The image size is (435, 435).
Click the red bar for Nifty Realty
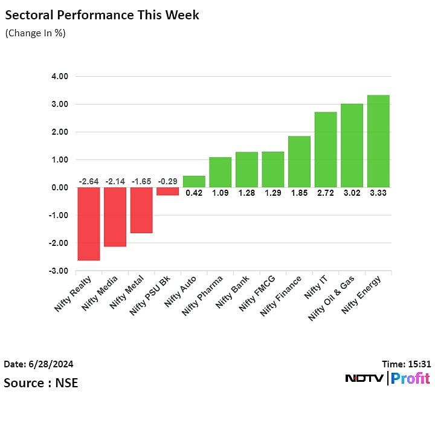(89, 224)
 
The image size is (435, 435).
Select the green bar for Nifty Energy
(378, 141)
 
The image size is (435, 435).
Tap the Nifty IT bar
(326, 150)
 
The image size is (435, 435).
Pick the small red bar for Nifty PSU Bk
(168, 192)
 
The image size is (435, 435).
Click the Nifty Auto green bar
(194, 181)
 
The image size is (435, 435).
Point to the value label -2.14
(115, 181)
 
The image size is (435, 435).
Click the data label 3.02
(352, 193)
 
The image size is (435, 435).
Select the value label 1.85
(299, 193)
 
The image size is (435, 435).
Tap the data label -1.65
(141, 181)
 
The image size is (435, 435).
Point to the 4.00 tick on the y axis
(59, 77)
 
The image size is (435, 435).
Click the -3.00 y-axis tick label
(58, 271)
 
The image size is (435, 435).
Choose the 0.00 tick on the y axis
(59, 188)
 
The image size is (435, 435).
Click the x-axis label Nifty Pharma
(203, 297)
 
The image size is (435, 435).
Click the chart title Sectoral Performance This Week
(101, 14)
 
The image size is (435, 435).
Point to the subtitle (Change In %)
(35, 33)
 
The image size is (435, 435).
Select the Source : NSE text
(40, 383)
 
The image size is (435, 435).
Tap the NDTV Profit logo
(387, 379)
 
